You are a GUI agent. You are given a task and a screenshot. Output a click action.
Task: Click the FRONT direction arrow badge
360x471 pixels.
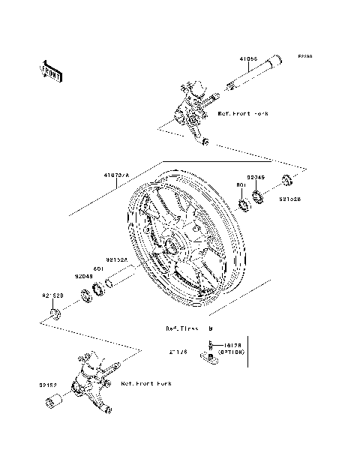(x=52, y=70)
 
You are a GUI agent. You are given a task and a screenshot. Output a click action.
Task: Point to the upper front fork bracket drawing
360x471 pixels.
(x=190, y=109)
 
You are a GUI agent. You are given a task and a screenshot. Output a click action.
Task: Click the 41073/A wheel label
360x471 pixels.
(x=116, y=175)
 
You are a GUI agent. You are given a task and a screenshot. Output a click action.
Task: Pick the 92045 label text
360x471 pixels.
(x=256, y=177)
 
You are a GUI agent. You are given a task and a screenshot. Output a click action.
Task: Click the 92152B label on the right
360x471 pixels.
(x=292, y=200)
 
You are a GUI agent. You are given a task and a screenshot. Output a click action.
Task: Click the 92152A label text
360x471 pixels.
(x=116, y=259)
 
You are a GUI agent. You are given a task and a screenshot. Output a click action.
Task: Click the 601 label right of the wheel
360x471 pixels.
(x=242, y=184)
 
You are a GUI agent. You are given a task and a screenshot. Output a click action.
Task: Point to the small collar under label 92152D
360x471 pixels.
(x=55, y=311)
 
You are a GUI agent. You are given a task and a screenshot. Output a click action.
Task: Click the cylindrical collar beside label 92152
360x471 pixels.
(x=53, y=405)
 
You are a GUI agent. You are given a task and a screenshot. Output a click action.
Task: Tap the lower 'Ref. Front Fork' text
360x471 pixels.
(x=146, y=383)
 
